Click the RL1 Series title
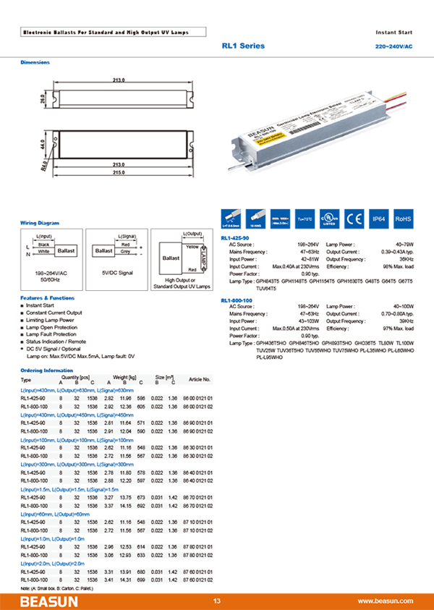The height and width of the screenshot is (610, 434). point(243,46)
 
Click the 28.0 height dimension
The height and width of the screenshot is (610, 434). point(43,96)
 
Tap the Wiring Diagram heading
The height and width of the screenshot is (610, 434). point(40,223)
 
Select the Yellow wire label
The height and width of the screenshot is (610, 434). point(192,247)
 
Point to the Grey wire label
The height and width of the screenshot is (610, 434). point(125,252)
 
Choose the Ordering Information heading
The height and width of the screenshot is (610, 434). point(47,370)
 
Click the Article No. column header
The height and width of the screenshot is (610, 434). point(200,379)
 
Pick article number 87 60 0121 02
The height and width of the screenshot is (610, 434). point(198,580)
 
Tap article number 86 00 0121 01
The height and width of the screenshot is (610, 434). point(198,397)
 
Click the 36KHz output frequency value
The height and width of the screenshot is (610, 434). point(406,258)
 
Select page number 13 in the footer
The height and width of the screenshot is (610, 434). point(216,601)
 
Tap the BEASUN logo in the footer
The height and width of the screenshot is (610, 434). point(44,601)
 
